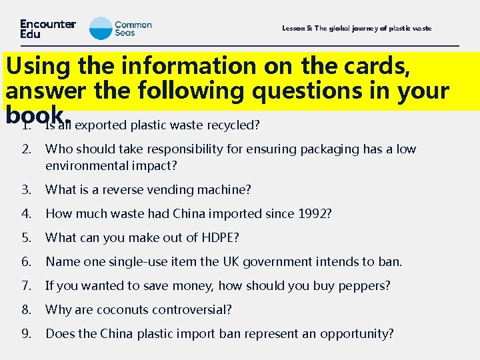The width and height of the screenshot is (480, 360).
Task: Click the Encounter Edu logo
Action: (47, 29)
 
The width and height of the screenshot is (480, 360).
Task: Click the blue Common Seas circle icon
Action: (101, 29)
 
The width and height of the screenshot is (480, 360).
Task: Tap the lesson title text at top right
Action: (357, 29)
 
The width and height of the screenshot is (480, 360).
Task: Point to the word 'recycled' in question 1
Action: (235, 125)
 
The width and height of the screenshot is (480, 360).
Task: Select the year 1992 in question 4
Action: (312, 214)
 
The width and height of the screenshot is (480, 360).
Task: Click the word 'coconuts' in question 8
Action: (119, 310)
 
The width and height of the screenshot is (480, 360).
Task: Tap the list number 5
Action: (27, 238)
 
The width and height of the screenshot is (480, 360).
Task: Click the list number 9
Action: (27, 333)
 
